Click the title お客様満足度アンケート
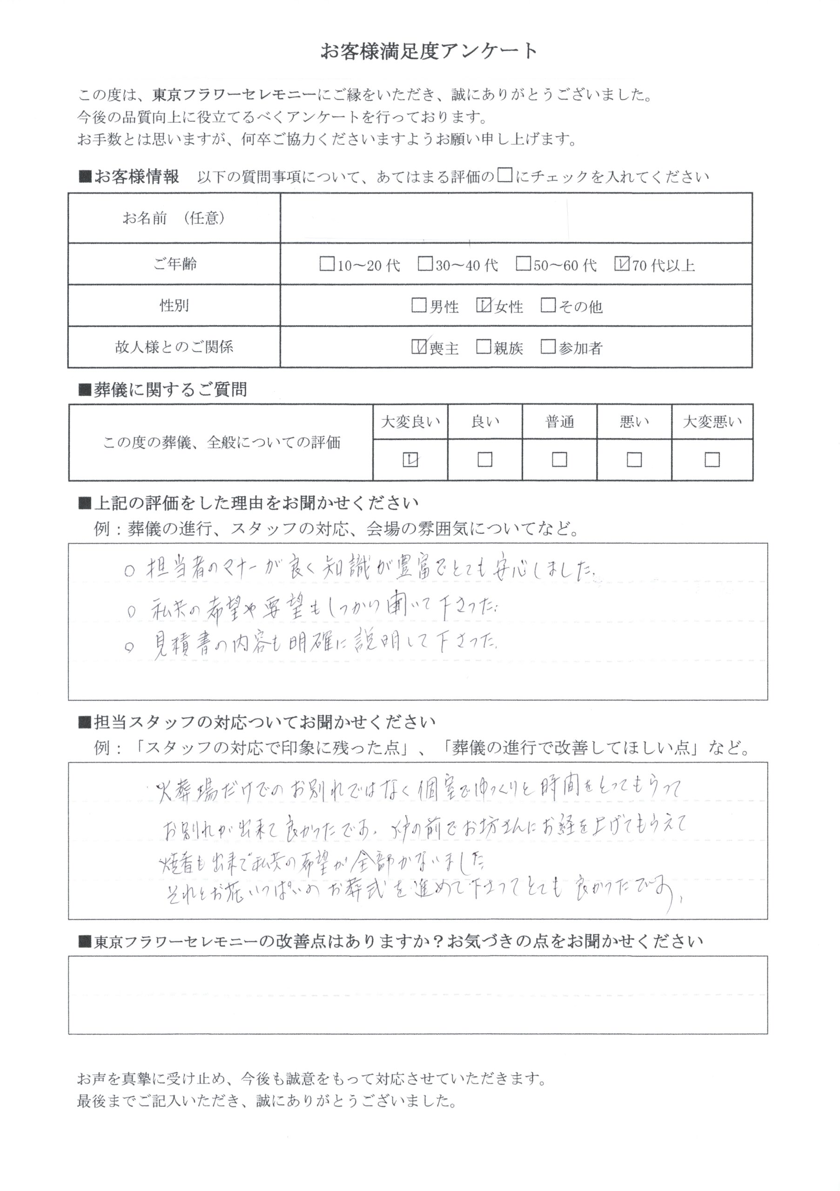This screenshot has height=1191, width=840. tap(429, 51)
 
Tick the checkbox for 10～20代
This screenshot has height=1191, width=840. tap(327, 264)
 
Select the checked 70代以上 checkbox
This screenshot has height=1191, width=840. tap(621, 264)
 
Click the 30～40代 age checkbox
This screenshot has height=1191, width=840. tap(425, 264)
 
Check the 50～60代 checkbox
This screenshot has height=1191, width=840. tap(523, 264)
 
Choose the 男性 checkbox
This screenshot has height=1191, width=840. tap(418, 305)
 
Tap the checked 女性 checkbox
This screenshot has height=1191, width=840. tap(484, 305)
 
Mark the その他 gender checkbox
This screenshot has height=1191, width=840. tap(548, 305)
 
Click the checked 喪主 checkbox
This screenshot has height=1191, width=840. tap(418, 347)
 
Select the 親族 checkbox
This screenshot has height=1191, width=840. tap(483, 347)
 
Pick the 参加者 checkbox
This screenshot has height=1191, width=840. tap(548, 347)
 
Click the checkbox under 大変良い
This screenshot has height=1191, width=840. tap(410, 460)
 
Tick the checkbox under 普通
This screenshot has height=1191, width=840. tap(559, 460)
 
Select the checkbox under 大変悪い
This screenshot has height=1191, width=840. tap(712, 460)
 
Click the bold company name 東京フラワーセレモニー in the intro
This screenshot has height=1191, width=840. tap(234, 95)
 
